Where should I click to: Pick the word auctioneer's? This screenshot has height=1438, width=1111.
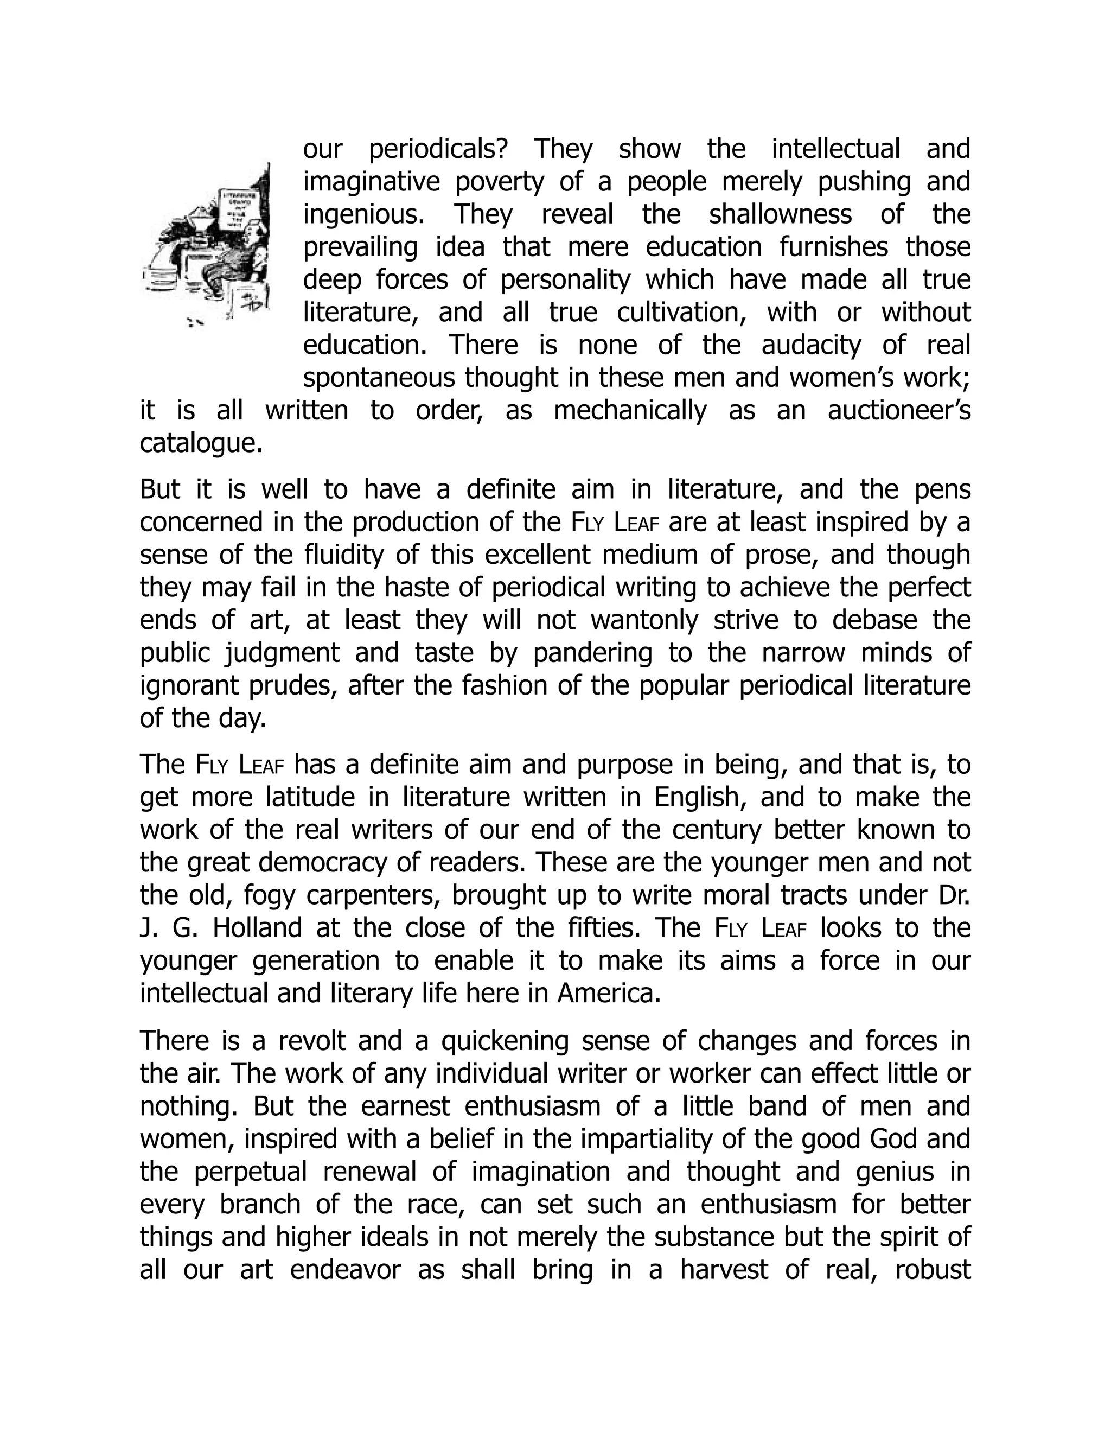click(898, 411)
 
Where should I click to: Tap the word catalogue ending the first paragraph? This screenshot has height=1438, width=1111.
click(201, 444)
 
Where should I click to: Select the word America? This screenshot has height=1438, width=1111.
click(608, 994)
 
